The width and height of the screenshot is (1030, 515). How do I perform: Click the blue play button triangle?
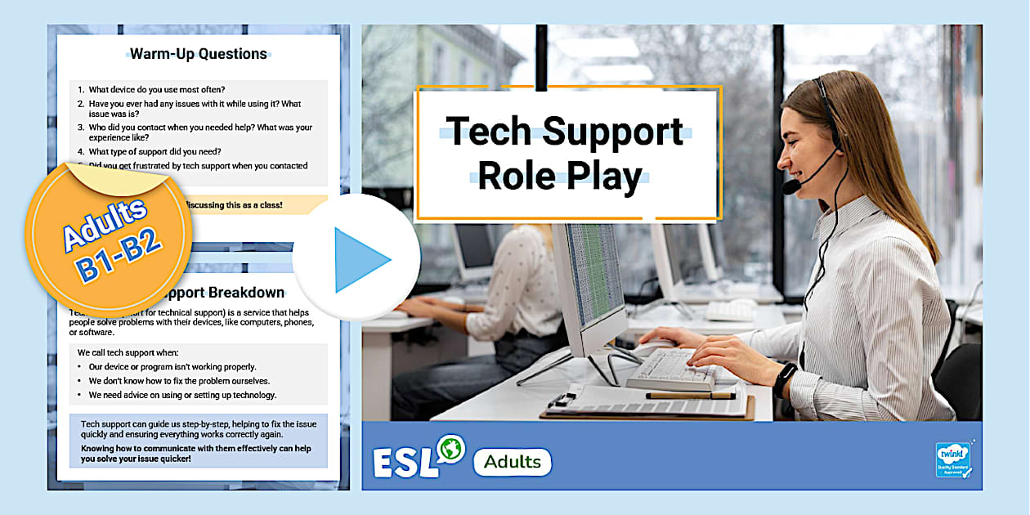[360, 260]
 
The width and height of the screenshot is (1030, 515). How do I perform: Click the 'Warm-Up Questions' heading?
[199, 54]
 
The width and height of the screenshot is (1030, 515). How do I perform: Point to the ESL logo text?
[404, 462]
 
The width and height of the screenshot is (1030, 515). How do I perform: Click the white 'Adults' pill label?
[512, 462]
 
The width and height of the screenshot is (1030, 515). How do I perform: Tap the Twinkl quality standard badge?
[952, 459]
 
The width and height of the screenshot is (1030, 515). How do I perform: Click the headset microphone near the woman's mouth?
[790, 186]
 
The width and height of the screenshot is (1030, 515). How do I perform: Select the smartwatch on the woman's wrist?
[784, 378]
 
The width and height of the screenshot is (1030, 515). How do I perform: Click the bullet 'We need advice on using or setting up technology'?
[182, 395]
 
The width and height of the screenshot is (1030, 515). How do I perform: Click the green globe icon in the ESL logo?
[450, 448]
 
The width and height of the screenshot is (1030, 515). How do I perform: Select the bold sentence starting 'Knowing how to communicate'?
[195, 454]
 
